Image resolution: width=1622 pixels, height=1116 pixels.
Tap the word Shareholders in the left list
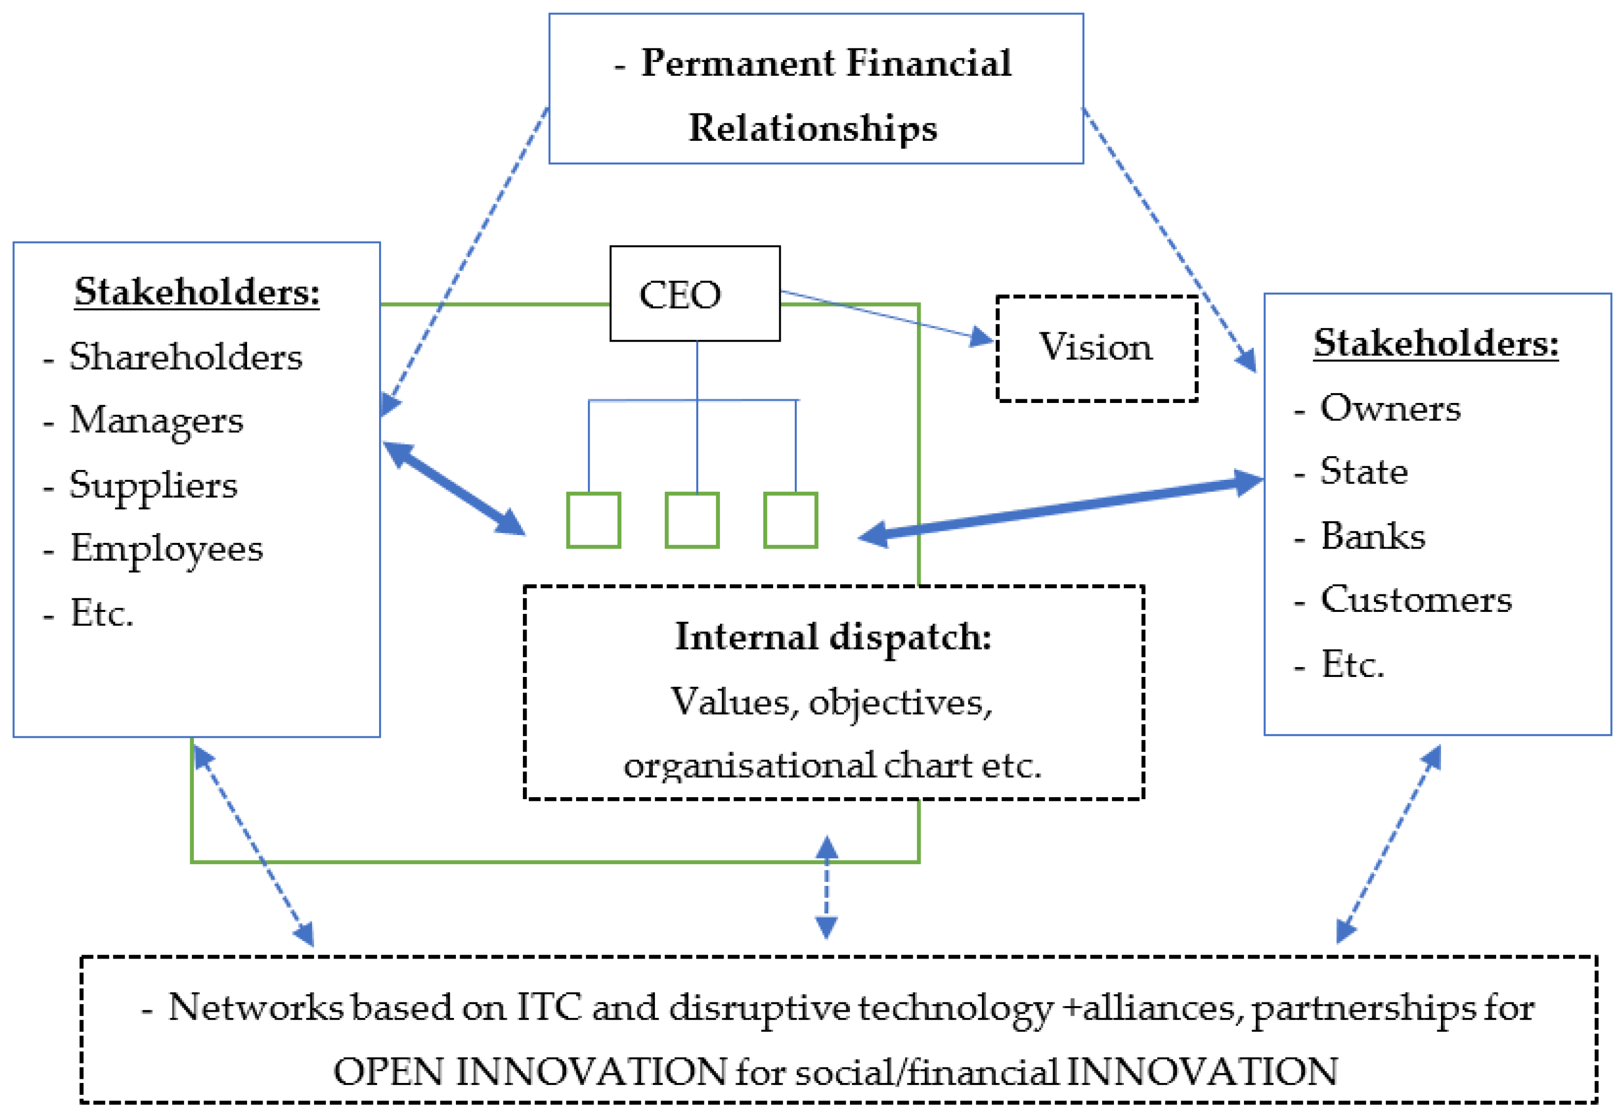pos(185,357)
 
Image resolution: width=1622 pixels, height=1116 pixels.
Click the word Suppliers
pos(153,484)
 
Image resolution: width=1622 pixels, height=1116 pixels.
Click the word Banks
pos(1372,536)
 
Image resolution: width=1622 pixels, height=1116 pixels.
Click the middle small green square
pos(691,520)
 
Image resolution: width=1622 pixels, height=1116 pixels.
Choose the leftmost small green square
pos(593,520)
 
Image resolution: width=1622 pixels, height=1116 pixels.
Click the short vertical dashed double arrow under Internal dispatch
pos(826,886)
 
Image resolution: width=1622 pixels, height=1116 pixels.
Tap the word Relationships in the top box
pos(812,128)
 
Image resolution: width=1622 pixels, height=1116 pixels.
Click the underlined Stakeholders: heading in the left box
pos(197,292)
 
